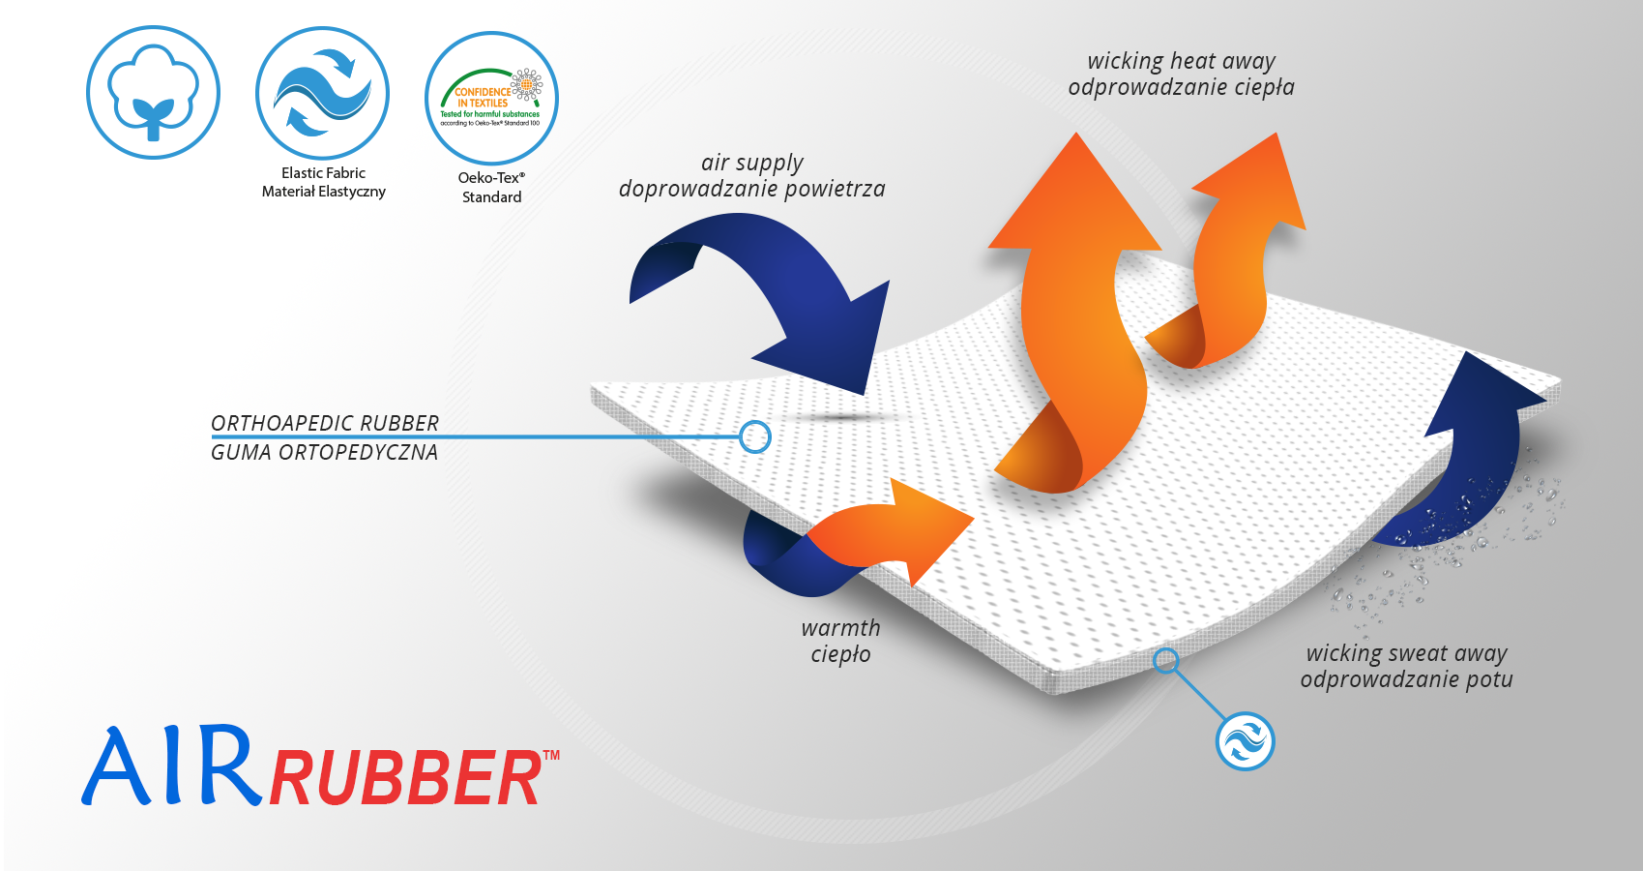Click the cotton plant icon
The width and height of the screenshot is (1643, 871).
[x=153, y=93]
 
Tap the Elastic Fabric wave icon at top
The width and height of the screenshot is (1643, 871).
[x=322, y=93]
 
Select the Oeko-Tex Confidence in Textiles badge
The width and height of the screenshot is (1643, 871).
[x=491, y=98]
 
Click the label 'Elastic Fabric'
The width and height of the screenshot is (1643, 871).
[x=323, y=173]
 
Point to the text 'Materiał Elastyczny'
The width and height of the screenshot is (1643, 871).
[x=323, y=192]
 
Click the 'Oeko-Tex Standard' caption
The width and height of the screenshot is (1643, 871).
[x=491, y=187]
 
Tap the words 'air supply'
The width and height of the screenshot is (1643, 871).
[x=751, y=163]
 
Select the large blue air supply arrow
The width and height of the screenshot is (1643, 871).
[x=774, y=290]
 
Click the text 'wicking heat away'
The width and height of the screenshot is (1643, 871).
[x=1181, y=61]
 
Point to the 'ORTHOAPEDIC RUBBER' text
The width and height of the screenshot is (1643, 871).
[x=325, y=423]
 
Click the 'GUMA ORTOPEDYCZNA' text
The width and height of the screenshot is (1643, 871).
[x=324, y=452]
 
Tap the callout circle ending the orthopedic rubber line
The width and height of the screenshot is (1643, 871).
[x=754, y=437]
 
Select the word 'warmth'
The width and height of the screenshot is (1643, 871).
[x=840, y=628]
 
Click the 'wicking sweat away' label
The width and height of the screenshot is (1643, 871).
[x=1406, y=653]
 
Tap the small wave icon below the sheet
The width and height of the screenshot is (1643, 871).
[x=1245, y=742]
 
